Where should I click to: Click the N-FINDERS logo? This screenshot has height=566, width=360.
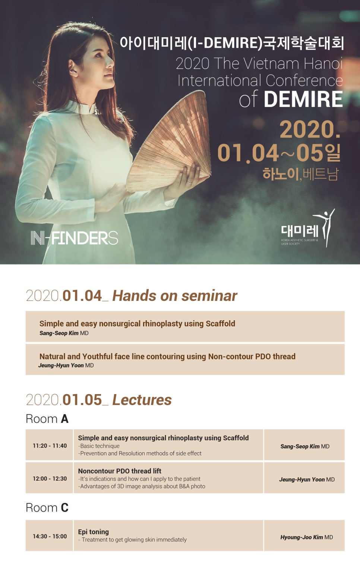[74, 238]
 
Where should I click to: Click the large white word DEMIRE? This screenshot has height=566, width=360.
[303, 99]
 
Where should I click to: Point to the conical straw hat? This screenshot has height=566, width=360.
[169, 142]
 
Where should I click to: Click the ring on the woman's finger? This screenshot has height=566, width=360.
[189, 182]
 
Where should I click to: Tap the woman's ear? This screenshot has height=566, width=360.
[73, 68]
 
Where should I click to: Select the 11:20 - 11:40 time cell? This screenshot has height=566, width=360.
[50, 446]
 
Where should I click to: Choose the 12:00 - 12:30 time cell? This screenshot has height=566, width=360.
[50, 478]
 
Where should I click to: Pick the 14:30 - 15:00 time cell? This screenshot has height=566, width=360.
[50, 536]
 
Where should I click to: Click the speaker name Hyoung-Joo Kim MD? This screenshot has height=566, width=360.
[306, 537]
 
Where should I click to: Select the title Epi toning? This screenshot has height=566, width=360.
[93, 532]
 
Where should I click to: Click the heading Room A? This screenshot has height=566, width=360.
[47, 419]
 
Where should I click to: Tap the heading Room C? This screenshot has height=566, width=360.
[47, 507]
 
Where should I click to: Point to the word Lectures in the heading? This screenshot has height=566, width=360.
[142, 400]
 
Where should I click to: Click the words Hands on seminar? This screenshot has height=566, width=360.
[174, 296]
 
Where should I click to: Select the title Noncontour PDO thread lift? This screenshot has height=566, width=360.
[120, 471]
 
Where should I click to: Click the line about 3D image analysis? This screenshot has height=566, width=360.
[142, 486]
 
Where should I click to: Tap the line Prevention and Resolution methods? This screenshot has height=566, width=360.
[140, 453]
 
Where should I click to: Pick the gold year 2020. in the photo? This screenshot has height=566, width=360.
[310, 129]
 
